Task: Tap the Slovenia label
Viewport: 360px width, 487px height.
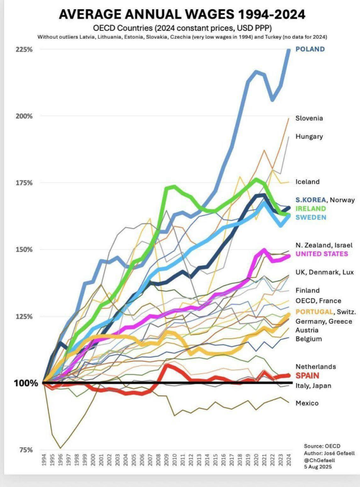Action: click(x=309, y=118)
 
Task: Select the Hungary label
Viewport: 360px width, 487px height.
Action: click(x=309, y=136)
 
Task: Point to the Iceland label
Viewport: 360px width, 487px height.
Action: click(x=307, y=182)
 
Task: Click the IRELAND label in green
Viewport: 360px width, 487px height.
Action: click(x=310, y=209)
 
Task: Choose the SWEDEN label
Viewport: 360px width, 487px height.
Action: click(x=310, y=217)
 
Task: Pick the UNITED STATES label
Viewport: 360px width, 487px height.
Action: click(x=321, y=254)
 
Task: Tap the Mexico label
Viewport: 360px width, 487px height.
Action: click(x=307, y=403)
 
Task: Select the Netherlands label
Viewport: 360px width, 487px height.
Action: click(x=316, y=367)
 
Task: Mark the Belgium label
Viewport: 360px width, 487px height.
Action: click(x=308, y=339)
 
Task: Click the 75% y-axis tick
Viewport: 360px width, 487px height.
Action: click(x=26, y=450)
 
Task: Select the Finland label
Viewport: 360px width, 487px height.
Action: click(x=307, y=291)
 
